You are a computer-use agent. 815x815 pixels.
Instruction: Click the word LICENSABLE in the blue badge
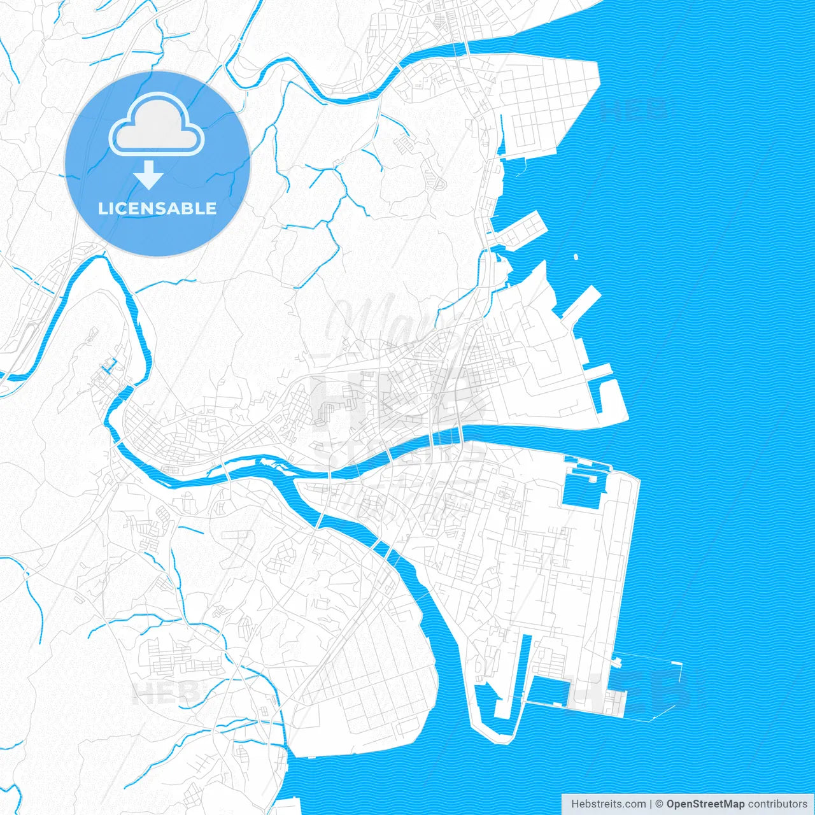[157, 208]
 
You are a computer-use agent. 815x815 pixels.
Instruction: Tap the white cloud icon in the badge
[157, 124]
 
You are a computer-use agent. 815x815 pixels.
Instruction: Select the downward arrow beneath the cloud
[149, 175]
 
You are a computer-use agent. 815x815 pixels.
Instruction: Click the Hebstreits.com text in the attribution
[609, 804]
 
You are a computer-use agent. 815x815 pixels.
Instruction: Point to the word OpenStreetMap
[705, 804]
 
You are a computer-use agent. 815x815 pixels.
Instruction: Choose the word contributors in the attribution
[777, 804]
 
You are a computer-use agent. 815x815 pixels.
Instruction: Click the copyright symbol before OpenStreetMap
[660, 804]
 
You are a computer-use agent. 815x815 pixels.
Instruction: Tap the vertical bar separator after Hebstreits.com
[651, 804]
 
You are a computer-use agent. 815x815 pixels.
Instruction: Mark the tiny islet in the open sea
[576, 257]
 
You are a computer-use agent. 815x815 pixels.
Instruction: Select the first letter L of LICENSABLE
[102, 208]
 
